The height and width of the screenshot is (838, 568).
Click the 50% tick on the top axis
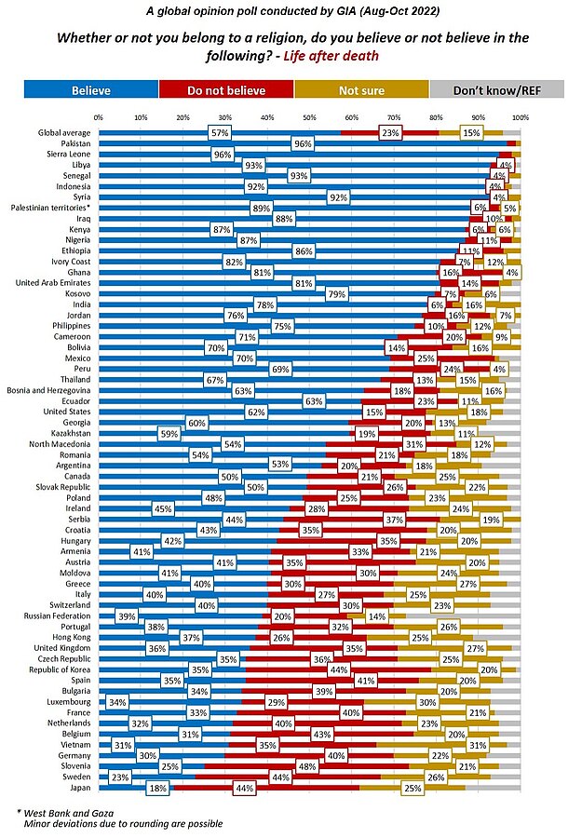tap(309, 118)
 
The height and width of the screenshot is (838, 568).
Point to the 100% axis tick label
tap(520, 118)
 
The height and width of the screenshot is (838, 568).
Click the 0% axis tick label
tap(99, 118)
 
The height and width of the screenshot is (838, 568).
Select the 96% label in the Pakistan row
tap(302, 144)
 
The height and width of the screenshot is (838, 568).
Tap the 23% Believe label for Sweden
tap(120, 777)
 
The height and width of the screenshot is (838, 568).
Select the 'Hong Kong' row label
tap(72, 637)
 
